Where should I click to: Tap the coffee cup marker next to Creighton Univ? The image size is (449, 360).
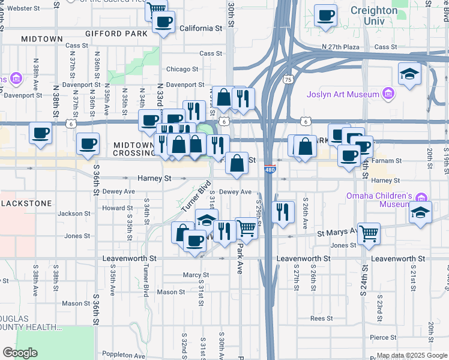point(326,16)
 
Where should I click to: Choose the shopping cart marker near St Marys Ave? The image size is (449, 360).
point(369,233)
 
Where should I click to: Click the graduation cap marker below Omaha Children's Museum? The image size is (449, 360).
point(420,213)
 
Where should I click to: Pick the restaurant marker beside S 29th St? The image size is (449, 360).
point(282,212)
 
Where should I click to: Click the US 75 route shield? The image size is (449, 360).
point(289,79)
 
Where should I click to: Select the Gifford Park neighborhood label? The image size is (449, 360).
point(116,34)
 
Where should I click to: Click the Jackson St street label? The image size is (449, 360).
point(74,214)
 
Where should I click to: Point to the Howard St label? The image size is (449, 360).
point(113,208)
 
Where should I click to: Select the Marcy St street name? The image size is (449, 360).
point(196,275)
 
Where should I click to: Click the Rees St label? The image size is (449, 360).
point(322,319)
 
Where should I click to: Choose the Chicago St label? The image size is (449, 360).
point(182,69)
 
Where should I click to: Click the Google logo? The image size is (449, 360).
point(20,353)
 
